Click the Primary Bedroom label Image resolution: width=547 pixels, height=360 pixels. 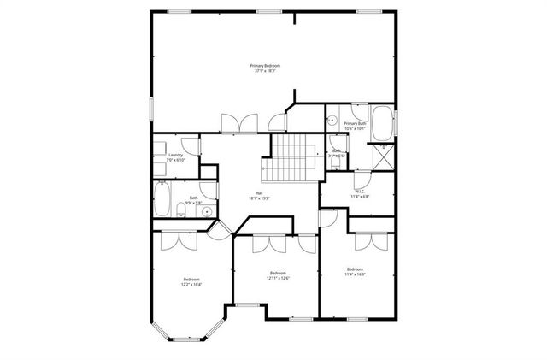265,66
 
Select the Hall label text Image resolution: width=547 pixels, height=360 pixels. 258,192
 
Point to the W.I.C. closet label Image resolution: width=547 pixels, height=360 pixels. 360,192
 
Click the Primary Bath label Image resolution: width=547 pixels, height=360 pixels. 356,124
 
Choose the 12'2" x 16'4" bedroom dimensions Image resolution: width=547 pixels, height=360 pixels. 191,285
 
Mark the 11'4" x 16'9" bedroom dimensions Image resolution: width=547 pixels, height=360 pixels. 355,275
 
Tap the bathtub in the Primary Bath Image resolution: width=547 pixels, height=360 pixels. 382,123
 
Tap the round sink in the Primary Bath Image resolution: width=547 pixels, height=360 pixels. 332,121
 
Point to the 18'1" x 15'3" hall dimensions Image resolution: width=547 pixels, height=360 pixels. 258,198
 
